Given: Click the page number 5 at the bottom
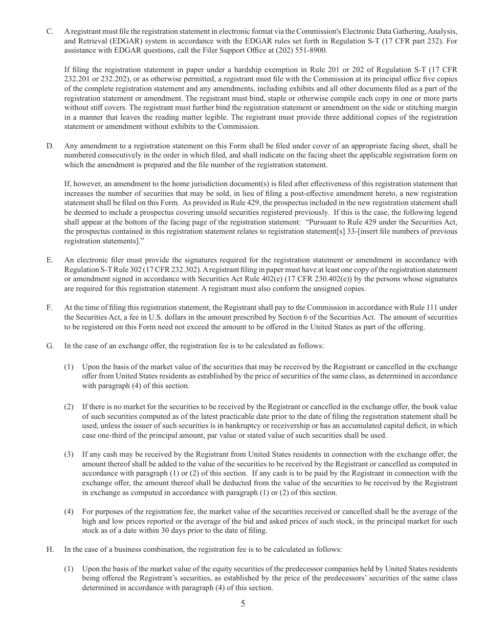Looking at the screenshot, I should (x=243, y=603).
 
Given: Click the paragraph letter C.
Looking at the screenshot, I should (x=50, y=32).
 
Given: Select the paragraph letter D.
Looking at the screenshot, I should (x=50, y=146).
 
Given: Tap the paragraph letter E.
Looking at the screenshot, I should (x=50, y=260).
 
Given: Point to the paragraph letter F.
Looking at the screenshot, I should (x=49, y=307).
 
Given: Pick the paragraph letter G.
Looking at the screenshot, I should (x=50, y=346).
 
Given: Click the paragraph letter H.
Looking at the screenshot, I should (x=50, y=549).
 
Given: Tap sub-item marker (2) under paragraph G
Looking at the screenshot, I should (x=69, y=407).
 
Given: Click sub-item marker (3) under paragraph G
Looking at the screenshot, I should (x=69, y=454).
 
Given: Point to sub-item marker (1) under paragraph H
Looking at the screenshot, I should (x=69, y=569).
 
